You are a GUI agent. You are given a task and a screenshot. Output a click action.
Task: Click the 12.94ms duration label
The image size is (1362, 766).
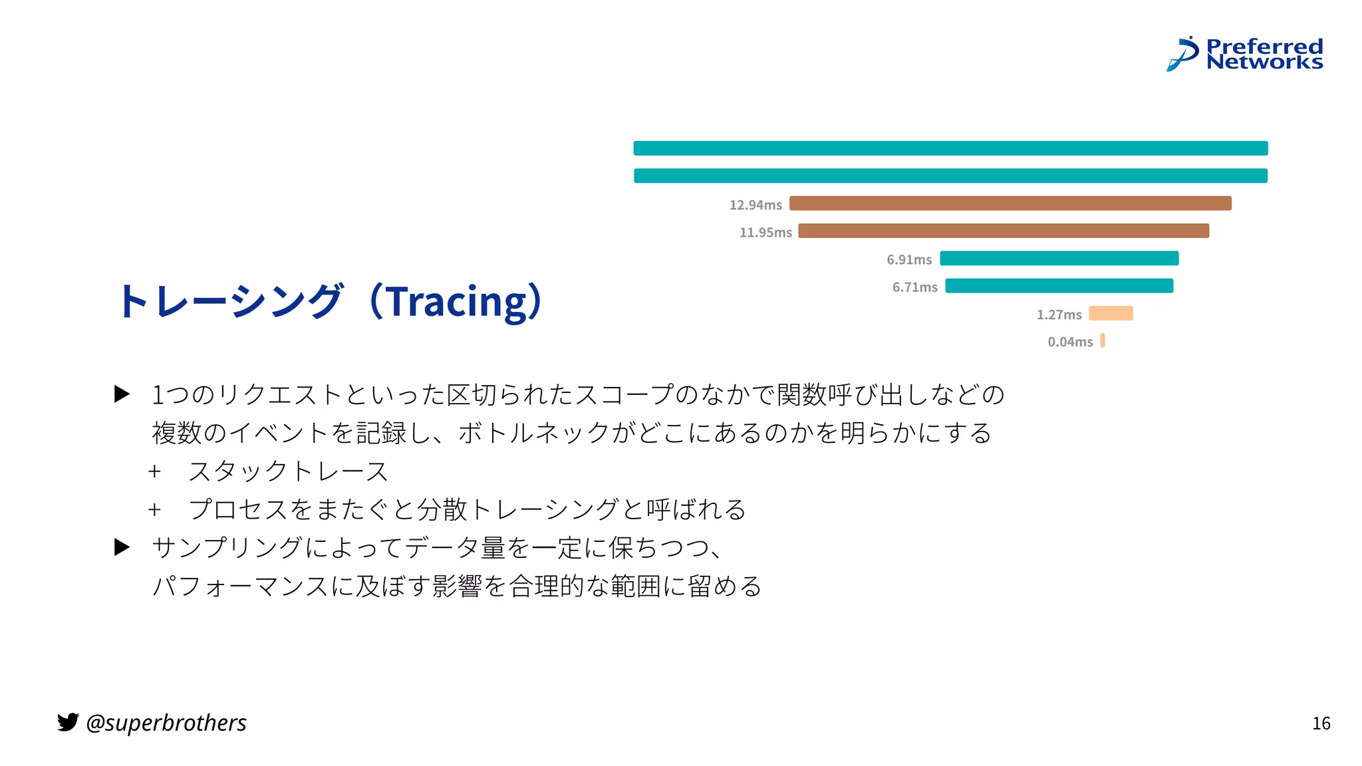(755, 205)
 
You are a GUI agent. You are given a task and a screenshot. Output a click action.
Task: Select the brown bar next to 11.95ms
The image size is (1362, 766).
(1003, 231)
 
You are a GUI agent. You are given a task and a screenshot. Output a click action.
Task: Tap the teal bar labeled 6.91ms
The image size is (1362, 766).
(1059, 258)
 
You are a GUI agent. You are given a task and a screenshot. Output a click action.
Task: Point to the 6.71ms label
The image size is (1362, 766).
(914, 287)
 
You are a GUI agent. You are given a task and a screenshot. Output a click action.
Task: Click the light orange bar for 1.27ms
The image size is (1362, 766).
(1111, 313)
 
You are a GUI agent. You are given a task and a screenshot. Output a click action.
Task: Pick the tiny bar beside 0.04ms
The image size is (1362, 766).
(1103, 340)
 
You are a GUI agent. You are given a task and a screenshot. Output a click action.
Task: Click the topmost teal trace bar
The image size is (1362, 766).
(950, 148)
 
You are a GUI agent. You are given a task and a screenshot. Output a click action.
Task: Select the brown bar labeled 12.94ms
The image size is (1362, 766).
(1010, 203)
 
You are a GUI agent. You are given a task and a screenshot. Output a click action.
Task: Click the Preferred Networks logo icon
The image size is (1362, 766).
(1182, 54)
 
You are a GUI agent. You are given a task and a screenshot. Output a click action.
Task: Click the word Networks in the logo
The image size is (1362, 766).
(1264, 63)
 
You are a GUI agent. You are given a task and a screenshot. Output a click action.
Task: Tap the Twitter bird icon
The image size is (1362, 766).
(68, 721)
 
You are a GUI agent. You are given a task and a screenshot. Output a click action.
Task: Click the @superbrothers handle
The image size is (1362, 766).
(166, 723)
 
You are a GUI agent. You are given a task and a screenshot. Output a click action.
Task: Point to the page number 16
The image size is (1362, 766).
(1321, 723)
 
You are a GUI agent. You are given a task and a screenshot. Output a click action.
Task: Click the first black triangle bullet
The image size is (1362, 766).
(122, 394)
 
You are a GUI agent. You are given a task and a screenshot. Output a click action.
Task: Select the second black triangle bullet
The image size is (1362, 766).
(122, 547)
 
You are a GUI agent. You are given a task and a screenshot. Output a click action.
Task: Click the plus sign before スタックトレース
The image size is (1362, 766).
(155, 471)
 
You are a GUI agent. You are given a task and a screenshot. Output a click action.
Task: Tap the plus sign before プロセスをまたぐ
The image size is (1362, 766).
(155, 510)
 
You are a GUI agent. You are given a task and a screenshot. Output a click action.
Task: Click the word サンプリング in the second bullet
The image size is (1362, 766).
(227, 548)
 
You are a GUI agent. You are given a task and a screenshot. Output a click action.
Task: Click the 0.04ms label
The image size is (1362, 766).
(1069, 342)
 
